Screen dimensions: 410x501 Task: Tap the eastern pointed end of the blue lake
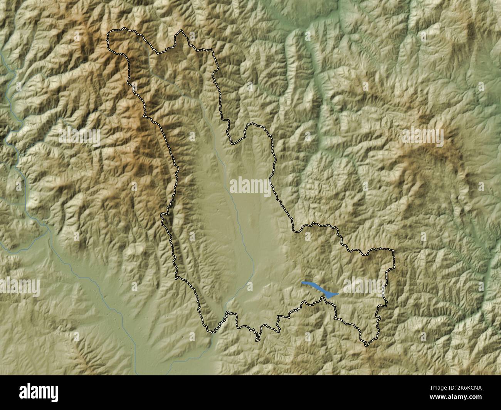[338, 294]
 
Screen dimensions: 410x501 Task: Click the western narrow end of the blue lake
[303, 283]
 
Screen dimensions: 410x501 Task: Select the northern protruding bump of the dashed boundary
[180, 35]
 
